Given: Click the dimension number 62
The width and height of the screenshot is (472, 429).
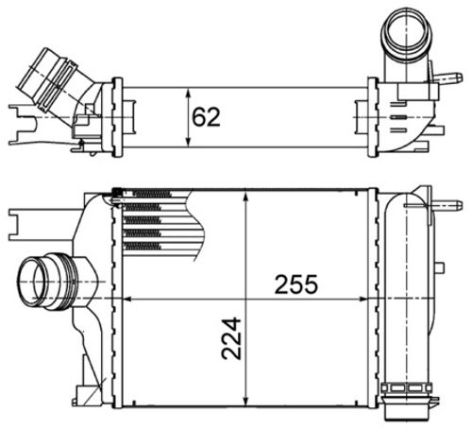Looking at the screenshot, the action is [206, 117].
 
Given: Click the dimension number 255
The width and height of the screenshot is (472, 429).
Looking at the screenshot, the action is [296, 284].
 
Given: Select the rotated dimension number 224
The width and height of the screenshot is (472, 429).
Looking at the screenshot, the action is [231, 338].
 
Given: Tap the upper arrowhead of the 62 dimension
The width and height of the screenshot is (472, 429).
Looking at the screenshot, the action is [189, 94].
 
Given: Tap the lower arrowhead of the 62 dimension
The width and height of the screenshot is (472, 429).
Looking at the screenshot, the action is [189, 142].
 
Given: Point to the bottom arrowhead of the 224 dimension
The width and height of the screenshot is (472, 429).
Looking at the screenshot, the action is [246, 401].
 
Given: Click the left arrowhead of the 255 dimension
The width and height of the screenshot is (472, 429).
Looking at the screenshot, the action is [126, 299].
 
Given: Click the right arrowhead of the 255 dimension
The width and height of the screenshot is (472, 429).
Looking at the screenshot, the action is [362, 299].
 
